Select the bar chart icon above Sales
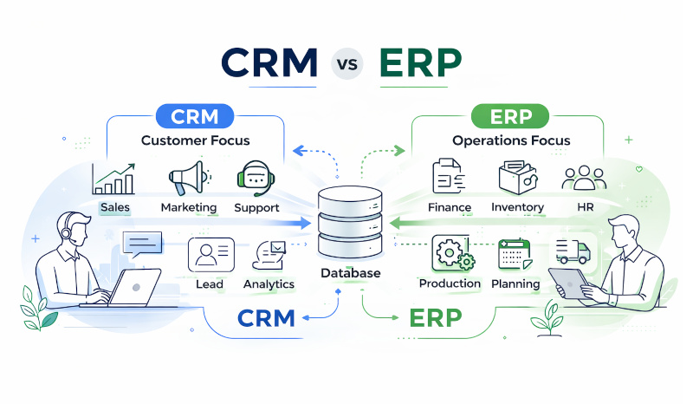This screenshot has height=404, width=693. pyautogui.click(x=114, y=179)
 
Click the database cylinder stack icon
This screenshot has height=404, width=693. pyautogui.click(x=349, y=222)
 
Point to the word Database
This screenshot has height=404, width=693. pyautogui.click(x=350, y=273)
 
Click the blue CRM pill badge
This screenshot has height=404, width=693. pyautogui.click(x=195, y=116)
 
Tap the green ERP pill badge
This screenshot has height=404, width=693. pyautogui.click(x=510, y=116)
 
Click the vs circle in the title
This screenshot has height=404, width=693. pyautogui.click(x=346, y=63)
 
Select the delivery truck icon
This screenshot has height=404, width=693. pyautogui.click(x=573, y=251)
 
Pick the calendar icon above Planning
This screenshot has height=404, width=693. pyautogui.click(x=514, y=254)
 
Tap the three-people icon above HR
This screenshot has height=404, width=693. pyautogui.click(x=580, y=179)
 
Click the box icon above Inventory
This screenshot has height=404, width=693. pyautogui.click(x=517, y=178)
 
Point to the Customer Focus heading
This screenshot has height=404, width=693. pyautogui.click(x=195, y=140)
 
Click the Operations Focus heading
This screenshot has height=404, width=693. pyautogui.click(x=511, y=140)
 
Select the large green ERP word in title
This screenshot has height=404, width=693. pyautogui.click(x=422, y=62)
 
